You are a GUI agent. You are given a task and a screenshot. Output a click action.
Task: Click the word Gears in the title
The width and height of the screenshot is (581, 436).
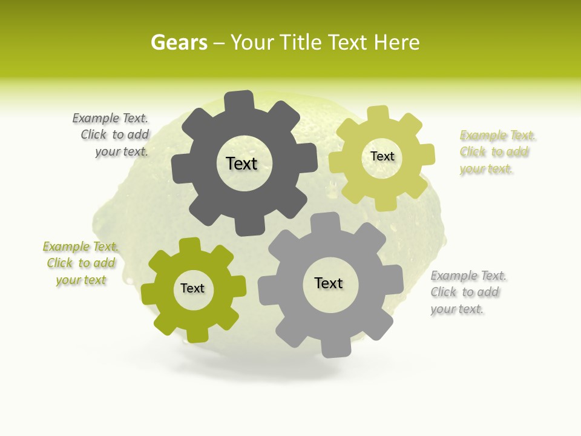(179, 42)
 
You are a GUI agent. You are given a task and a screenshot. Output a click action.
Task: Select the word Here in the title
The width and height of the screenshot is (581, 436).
(397, 42)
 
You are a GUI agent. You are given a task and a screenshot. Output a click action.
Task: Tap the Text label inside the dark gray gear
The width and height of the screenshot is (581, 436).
(241, 163)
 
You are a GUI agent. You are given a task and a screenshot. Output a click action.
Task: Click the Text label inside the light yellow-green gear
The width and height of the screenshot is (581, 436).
(382, 156)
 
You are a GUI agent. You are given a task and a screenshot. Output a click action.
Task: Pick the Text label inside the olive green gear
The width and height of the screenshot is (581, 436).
(192, 288)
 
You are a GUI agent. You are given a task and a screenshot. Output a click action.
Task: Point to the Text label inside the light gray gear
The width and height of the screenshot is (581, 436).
(329, 283)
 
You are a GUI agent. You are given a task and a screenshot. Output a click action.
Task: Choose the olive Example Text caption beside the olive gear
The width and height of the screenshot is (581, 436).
(81, 263)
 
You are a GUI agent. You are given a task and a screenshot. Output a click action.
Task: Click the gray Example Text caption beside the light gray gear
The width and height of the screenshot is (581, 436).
(467, 292)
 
